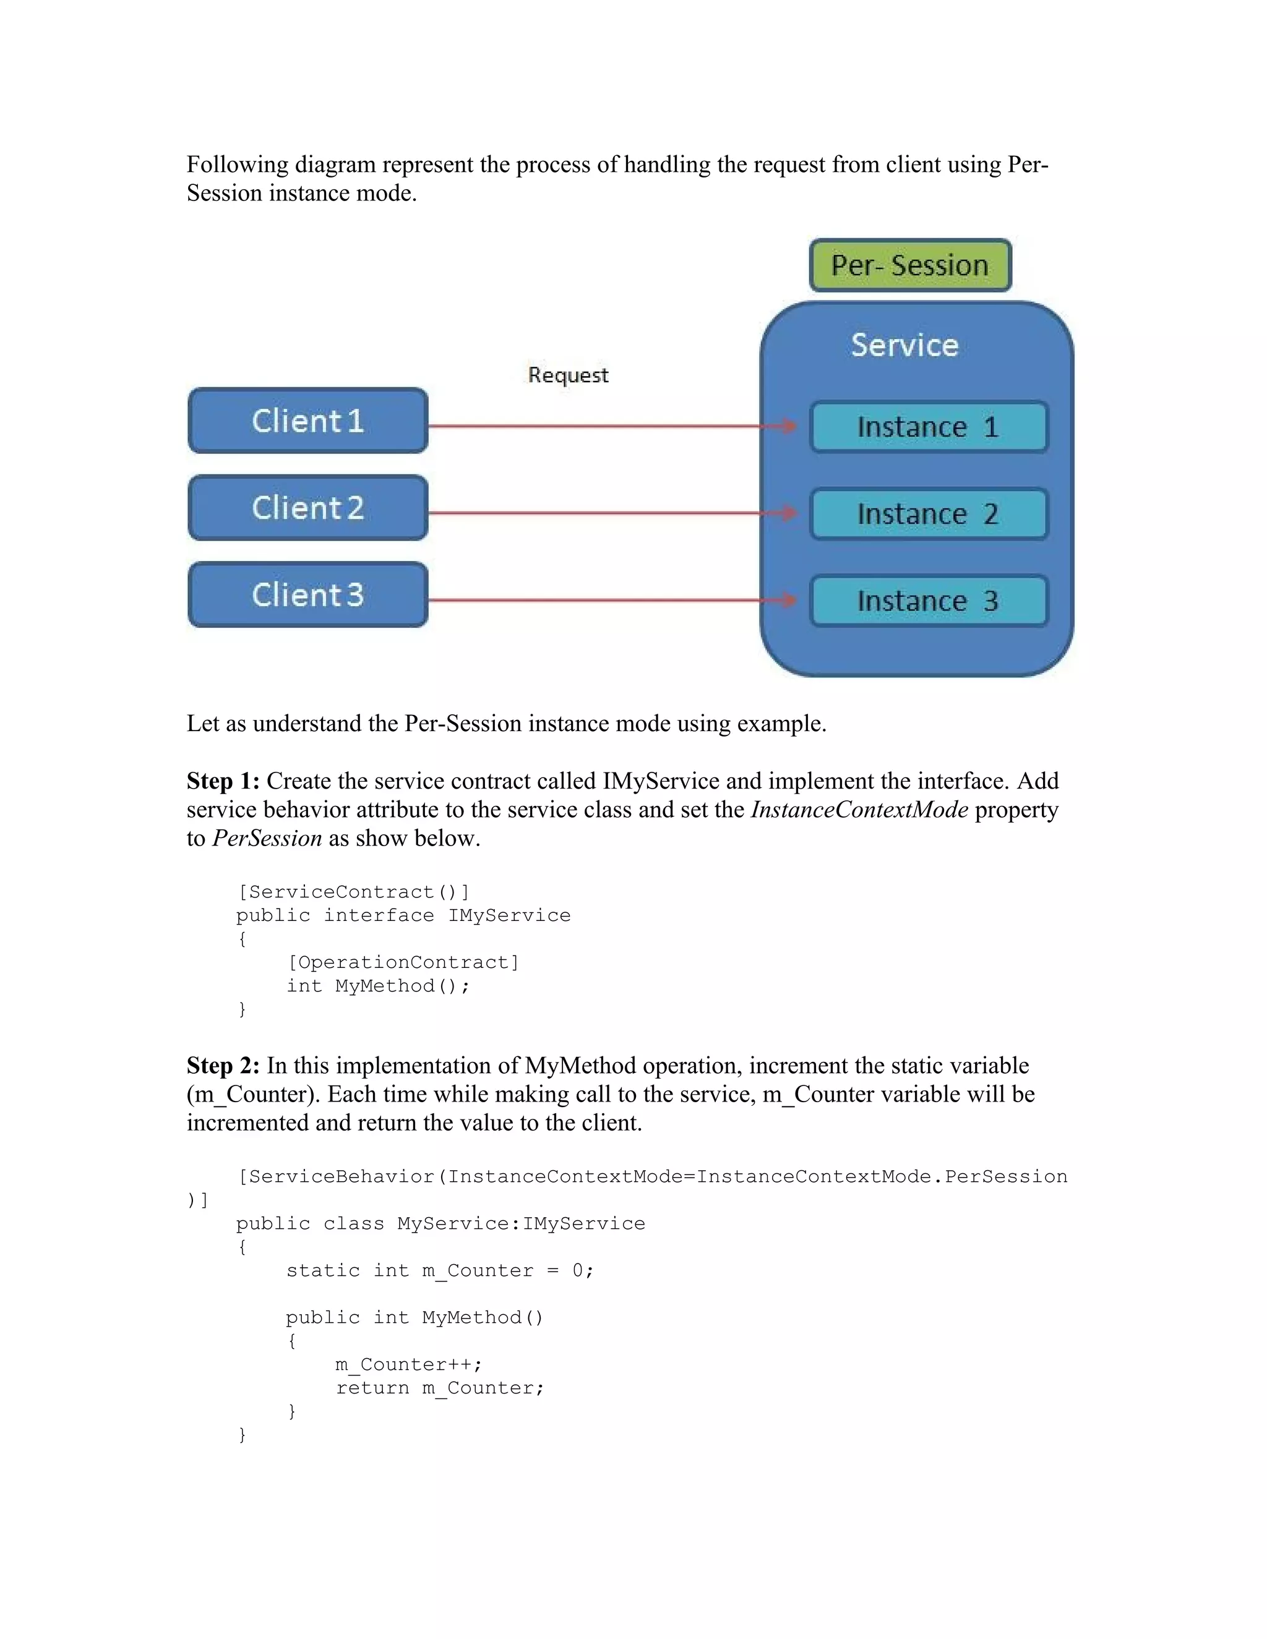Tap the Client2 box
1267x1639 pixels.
click(307, 508)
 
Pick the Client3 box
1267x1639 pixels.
click(307, 595)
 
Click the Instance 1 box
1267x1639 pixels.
click(929, 427)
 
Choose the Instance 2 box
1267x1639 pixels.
click(929, 514)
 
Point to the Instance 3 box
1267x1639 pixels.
click(929, 601)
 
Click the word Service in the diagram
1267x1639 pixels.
click(904, 345)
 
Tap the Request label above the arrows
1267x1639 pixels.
click(568, 375)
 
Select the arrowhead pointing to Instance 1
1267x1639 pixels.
click(788, 426)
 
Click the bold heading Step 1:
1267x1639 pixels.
click(223, 781)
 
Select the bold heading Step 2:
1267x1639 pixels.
click(223, 1066)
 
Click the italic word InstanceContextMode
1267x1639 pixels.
click(859, 810)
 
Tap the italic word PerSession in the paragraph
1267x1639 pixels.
click(267, 838)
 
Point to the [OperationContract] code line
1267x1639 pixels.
click(403, 962)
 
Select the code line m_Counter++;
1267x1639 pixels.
click(408, 1364)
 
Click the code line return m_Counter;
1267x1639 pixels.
click(440, 1389)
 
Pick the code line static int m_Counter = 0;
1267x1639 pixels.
click(440, 1270)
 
